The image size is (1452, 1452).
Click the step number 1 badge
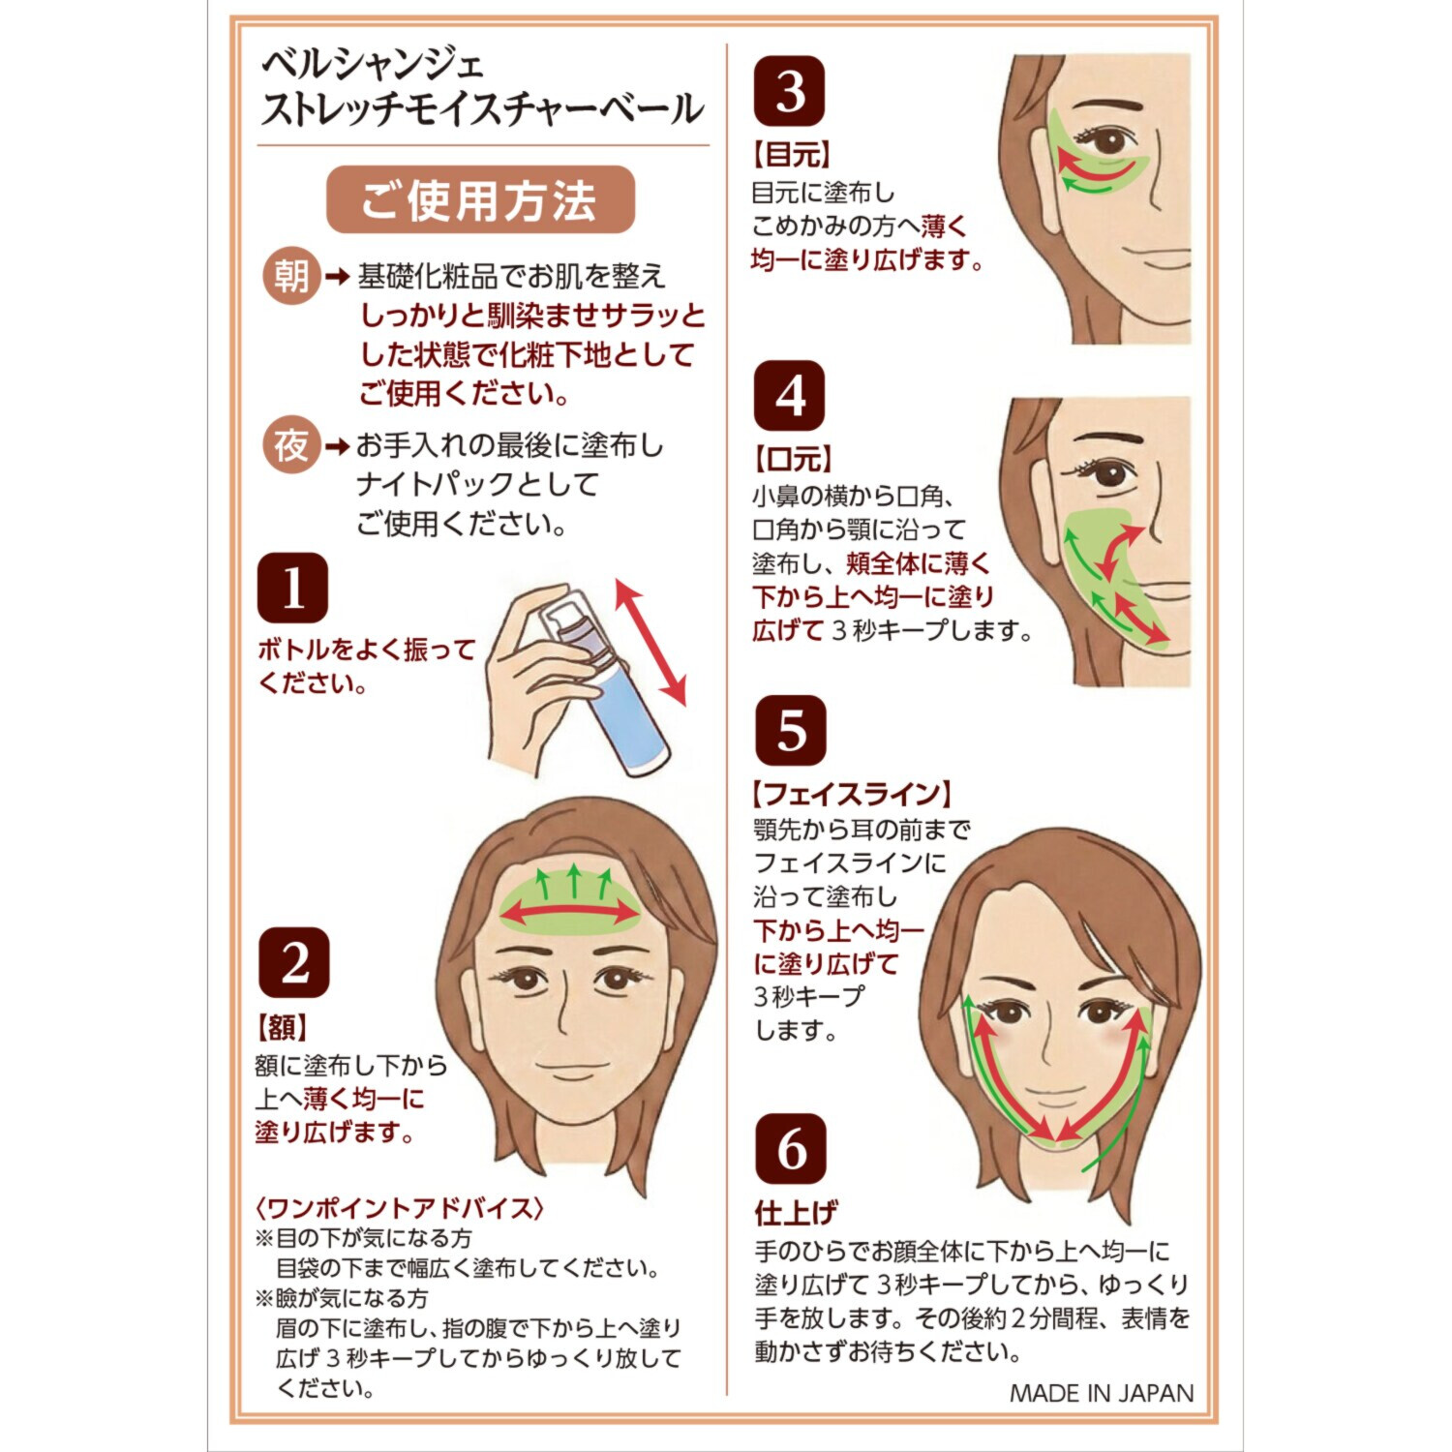(292, 588)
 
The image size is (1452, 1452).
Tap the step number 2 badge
(294, 963)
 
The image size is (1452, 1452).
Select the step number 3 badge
(790, 91)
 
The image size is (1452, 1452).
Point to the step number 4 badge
(790, 396)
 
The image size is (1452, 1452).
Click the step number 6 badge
(791, 1149)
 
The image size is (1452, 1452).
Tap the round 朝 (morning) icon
(291, 277)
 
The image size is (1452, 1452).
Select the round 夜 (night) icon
(291, 446)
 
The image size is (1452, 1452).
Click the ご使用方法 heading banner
(480, 200)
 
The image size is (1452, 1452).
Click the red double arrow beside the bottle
(650, 642)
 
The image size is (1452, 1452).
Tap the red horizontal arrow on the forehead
(569, 912)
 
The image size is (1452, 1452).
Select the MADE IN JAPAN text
(1102, 1393)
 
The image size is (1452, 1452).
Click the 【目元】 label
(792, 155)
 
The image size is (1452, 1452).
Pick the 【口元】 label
(793, 460)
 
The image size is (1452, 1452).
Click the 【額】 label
(281, 1027)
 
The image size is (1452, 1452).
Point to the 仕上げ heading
(797, 1212)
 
